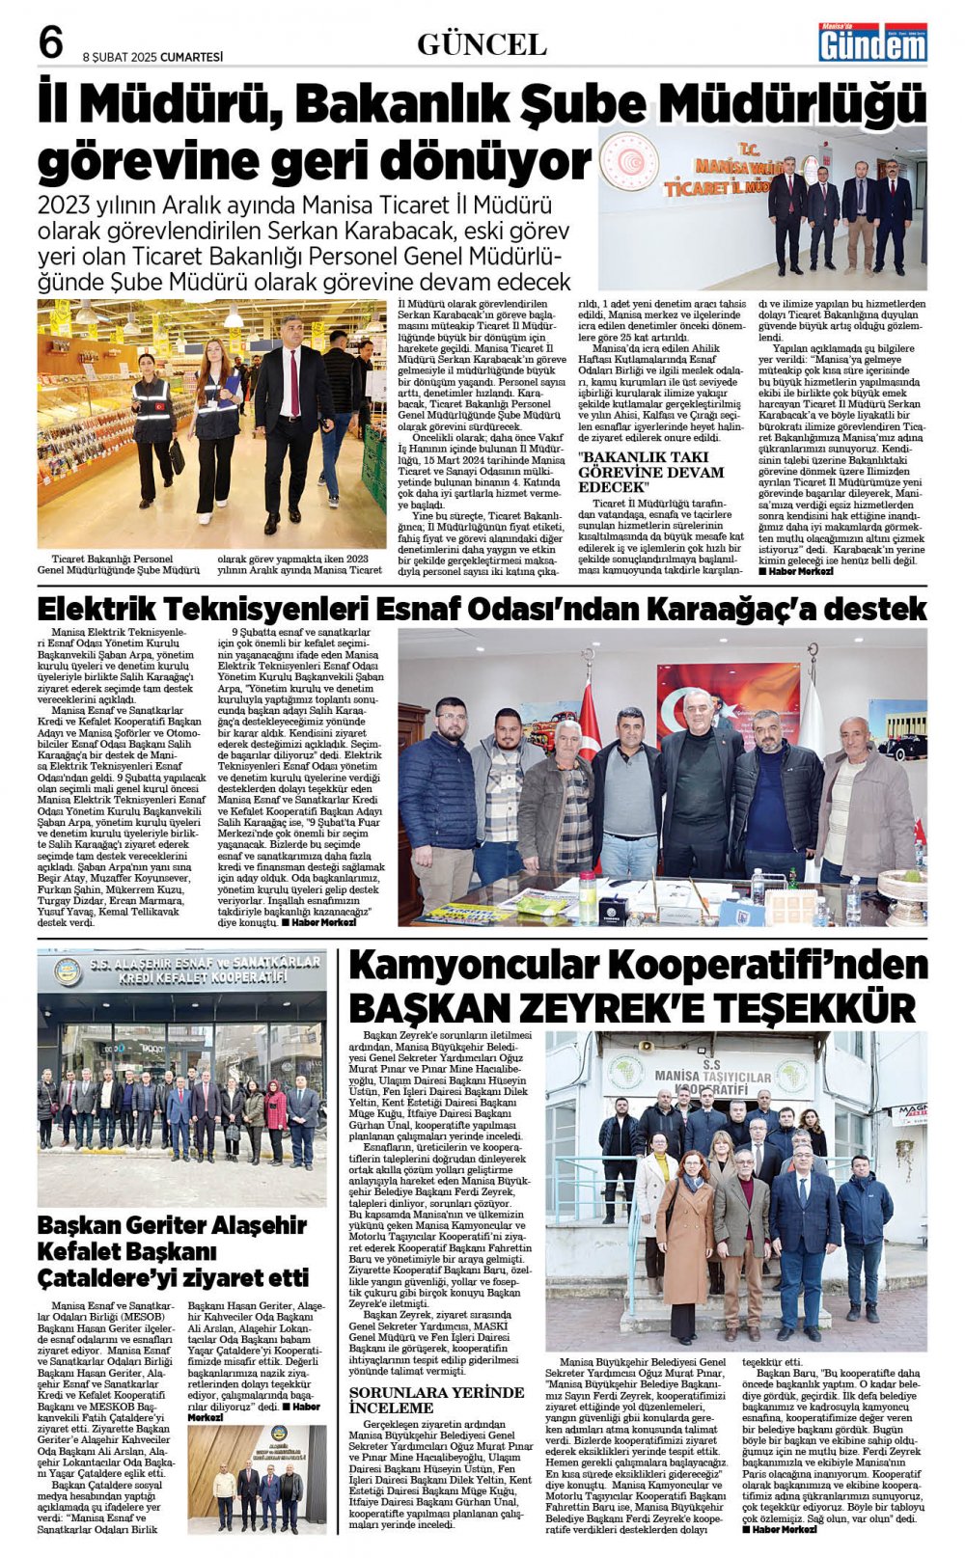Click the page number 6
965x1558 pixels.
(x=51, y=43)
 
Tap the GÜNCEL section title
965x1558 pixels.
(x=482, y=44)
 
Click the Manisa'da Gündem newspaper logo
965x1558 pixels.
(x=872, y=42)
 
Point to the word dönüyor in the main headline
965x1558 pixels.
(x=497, y=161)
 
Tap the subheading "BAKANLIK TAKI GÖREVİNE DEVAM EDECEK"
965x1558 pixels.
(x=650, y=472)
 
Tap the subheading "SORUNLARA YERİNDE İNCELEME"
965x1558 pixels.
(x=436, y=1401)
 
